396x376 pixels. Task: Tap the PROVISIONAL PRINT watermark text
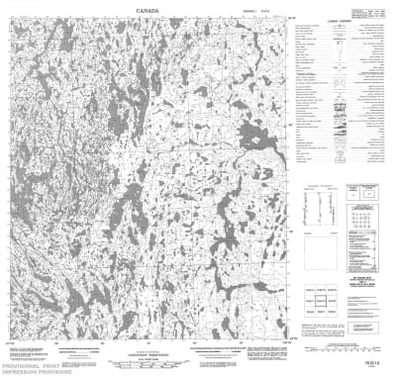41,361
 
